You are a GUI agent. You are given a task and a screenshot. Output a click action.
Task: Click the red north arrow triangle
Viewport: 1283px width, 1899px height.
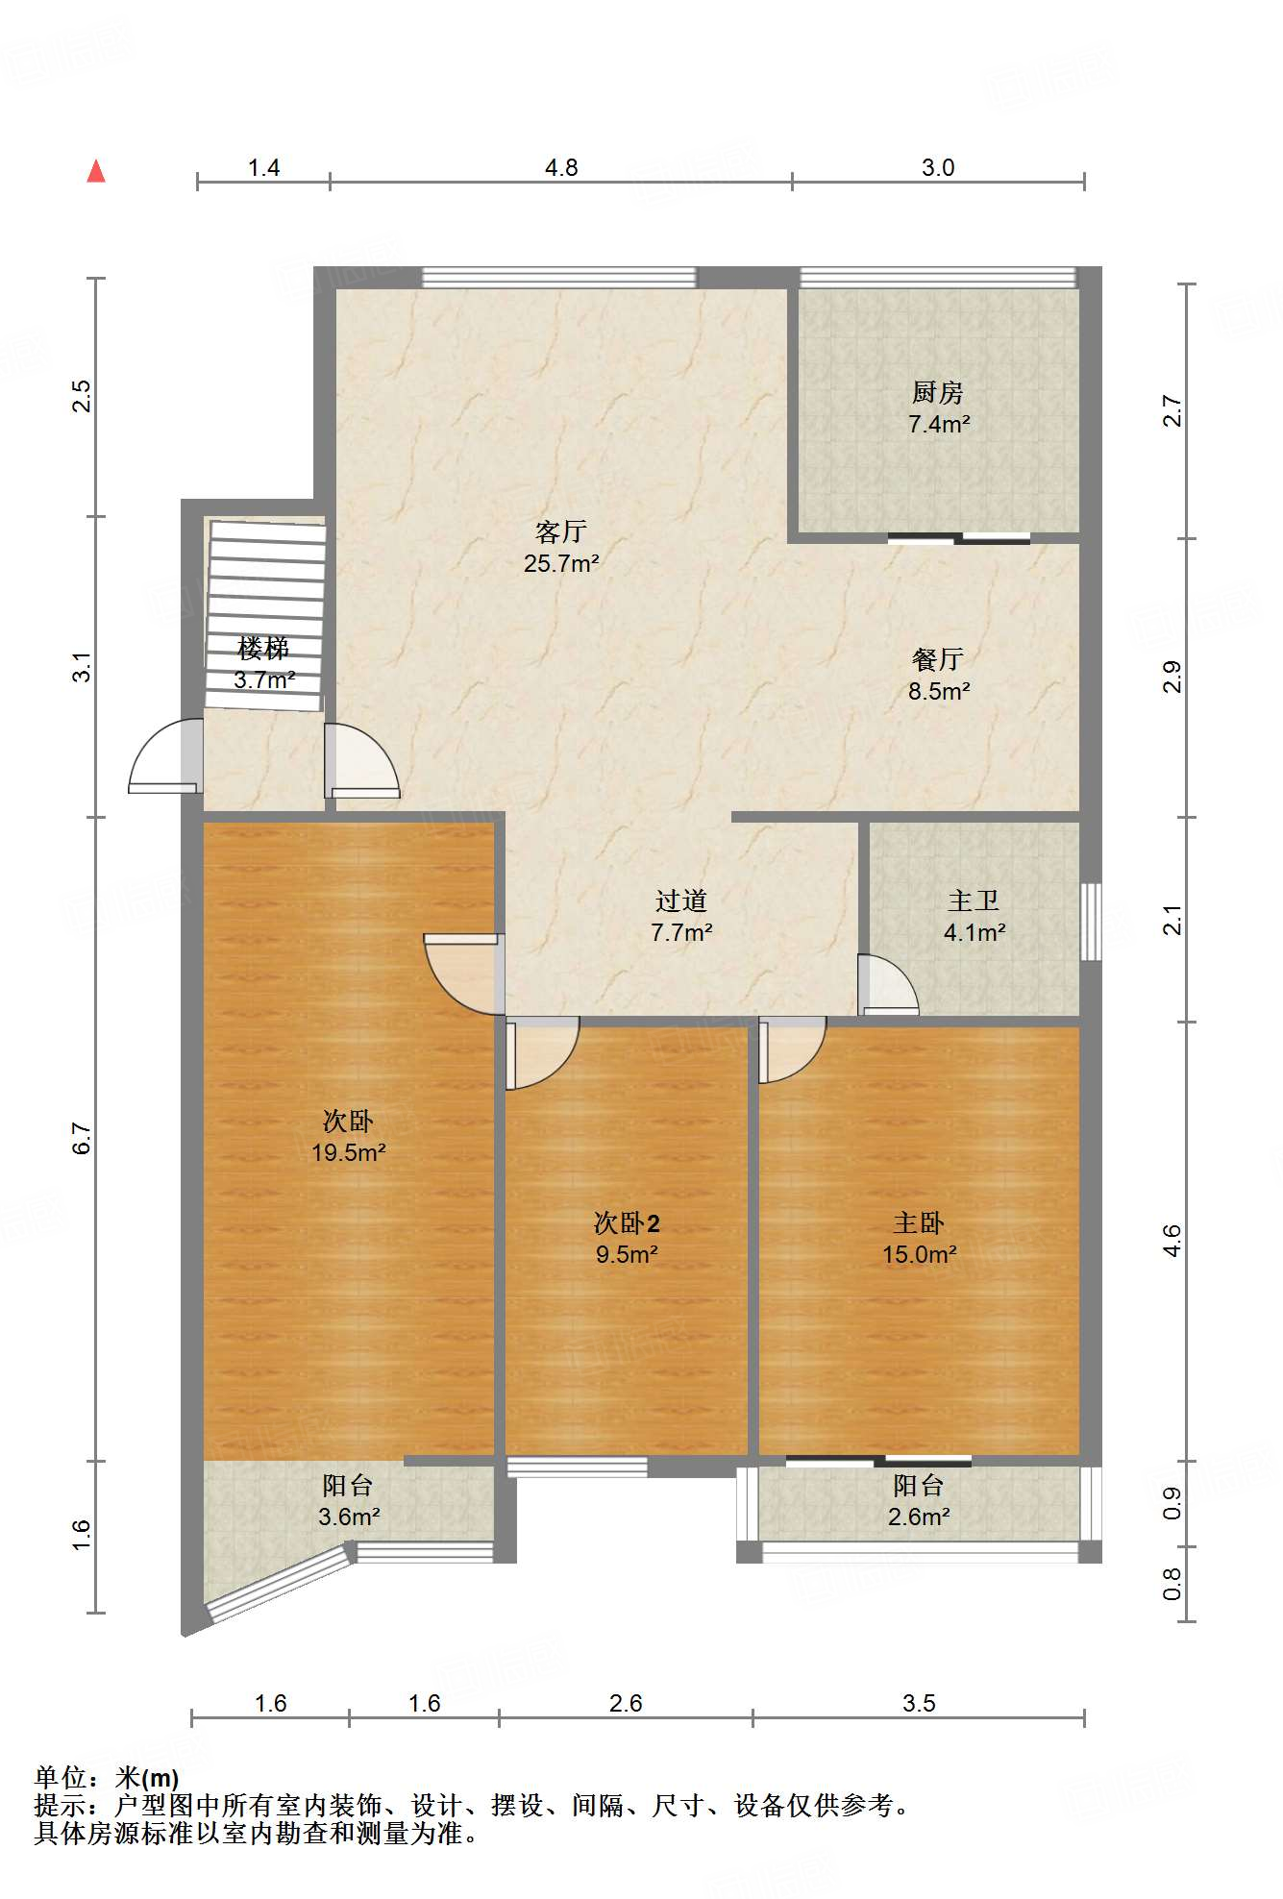click(x=96, y=171)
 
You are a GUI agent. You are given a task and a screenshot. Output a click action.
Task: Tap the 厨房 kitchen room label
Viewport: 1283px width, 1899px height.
click(x=938, y=392)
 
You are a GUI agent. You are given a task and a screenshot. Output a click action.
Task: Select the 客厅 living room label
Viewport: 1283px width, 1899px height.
click(x=561, y=531)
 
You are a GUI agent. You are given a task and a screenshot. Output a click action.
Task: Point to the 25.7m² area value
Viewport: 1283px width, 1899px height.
click(x=561, y=564)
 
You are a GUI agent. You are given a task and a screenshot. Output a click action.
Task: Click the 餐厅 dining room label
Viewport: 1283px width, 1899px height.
click(x=938, y=659)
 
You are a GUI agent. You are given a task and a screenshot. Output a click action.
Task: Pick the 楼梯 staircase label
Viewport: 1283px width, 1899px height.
click(x=263, y=649)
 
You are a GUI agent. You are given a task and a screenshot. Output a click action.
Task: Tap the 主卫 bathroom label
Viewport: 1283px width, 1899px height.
click(x=974, y=900)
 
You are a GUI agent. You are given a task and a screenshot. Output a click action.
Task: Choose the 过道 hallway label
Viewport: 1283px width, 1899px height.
click(x=681, y=900)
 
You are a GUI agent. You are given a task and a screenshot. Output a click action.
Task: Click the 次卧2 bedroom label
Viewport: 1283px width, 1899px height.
click(x=627, y=1223)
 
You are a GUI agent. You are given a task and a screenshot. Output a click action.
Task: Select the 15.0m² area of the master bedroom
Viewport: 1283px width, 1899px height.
click(x=919, y=1255)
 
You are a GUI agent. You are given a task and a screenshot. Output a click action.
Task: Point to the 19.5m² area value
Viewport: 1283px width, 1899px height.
click(x=348, y=1152)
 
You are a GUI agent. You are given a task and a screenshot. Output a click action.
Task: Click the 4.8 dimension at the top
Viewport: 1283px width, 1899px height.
click(x=561, y=168)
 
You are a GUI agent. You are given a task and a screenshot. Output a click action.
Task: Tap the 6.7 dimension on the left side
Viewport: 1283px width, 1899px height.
click(x=83, y=1139)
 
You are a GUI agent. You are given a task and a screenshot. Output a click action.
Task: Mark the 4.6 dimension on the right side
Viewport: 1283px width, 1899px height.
click(x=1172, y=1241)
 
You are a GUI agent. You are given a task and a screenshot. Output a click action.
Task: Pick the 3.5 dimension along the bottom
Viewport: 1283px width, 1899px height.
click(x=919, y=1704)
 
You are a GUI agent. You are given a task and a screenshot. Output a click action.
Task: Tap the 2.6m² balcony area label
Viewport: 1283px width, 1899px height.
click(x=919, y=1517)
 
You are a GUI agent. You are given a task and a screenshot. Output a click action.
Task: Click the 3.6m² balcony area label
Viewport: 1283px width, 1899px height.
click(x=348, y=1517)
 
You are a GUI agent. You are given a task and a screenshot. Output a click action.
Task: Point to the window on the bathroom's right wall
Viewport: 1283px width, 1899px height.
click(x=1091, y=922)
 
